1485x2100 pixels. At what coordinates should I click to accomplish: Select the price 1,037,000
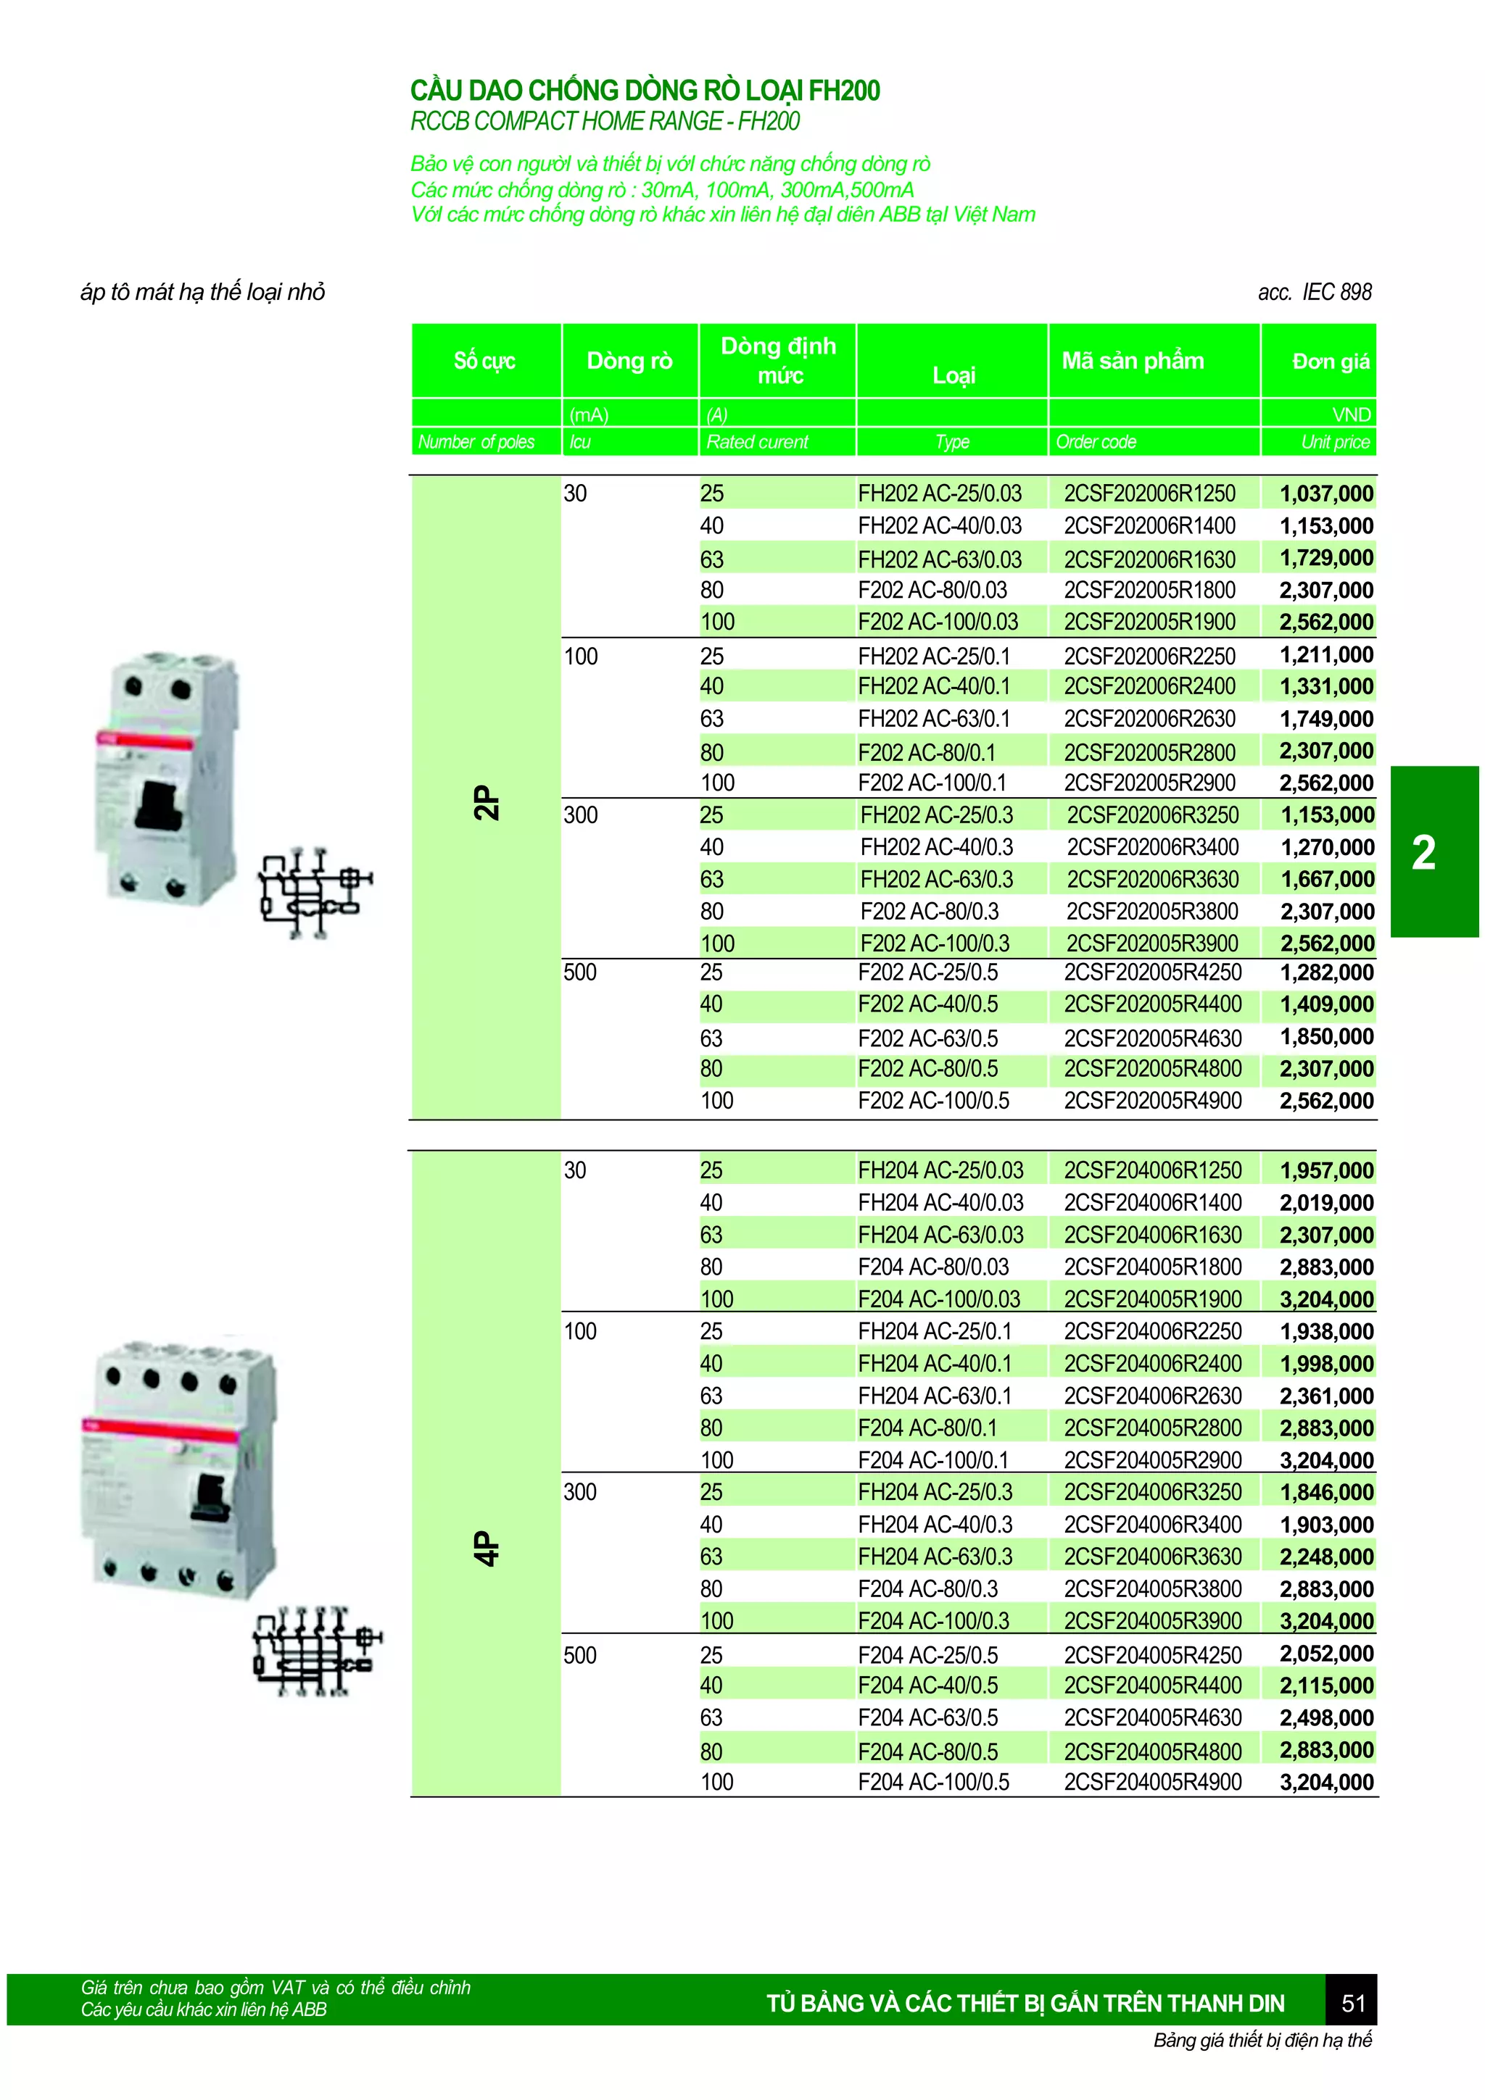[x=1325, y=494]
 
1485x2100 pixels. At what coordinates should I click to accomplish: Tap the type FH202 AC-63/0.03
[x=940, y=559]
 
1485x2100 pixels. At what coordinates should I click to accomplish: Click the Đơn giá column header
[x=1331, y=362]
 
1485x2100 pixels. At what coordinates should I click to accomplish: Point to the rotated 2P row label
[x=487, y=802]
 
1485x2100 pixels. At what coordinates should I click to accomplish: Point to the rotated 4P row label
[x=487, y=1548]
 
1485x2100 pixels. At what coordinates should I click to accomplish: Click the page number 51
[x=1352, y=2003]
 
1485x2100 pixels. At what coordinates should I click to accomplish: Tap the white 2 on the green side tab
[x=1423, y=852]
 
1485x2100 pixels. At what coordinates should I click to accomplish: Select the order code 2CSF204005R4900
[x=1152, y=1782]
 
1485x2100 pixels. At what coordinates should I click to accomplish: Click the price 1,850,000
[x=1325, y=1036]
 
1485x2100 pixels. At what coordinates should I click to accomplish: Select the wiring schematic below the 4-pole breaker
[x=315, y=1652]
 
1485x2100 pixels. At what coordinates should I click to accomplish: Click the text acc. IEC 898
[x=1314, y=293]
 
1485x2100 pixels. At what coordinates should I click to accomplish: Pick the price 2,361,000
[x=1325, y=1396]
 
